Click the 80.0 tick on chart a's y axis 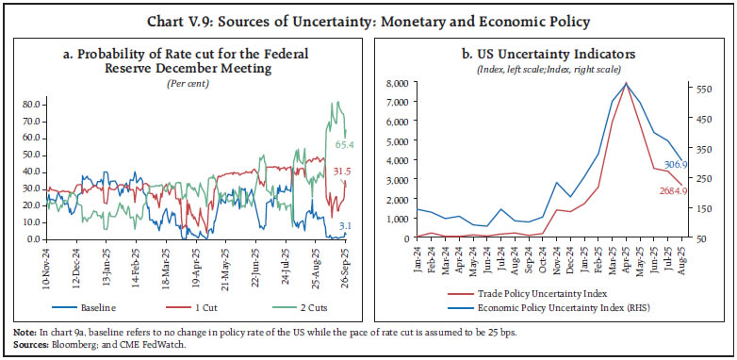click(30, 103)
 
